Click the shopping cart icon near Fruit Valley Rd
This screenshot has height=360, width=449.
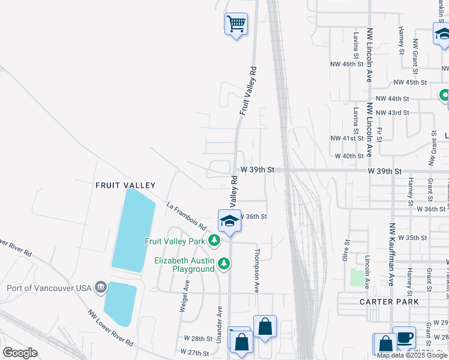coord(237,25)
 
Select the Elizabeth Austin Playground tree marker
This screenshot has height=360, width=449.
coord(224,263)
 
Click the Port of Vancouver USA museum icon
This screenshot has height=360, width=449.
coord(100,287)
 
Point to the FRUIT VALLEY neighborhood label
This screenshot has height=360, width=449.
coord(125,186)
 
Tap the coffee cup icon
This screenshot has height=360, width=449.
coord(404,337)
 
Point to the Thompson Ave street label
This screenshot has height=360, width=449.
coord(257,271)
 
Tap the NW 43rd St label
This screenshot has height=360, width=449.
coord(392,113)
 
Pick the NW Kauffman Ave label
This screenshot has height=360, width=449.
coord(392,254)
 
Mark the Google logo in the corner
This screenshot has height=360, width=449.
coord(20,353)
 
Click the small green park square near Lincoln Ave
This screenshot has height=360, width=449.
coord(357,277)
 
